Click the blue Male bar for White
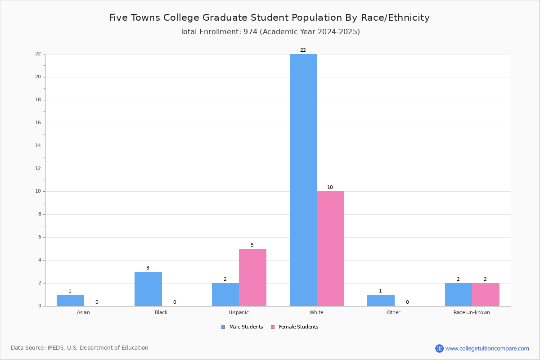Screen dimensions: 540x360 click(x=303, y=180)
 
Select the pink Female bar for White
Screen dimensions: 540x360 click(x=330, y=248)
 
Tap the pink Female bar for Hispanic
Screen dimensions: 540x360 click(x=252, y=278)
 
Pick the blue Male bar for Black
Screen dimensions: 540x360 click(x=148, y=289)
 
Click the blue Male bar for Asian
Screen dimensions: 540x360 click(x=70, y=301)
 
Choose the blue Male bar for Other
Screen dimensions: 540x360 click(x=381, y=301)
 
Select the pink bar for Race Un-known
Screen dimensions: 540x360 click(x=486, y=295)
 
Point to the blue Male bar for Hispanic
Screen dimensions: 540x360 click(x=225, y=295)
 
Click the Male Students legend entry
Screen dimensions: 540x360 click(x=242, y=327)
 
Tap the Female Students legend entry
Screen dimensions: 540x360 click(x=295, y=327)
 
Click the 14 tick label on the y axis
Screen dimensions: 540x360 click(x=38, y=146)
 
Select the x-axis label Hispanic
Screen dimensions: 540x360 click(x=238, y=312)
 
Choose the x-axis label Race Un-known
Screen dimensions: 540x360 click(x=472, y=312)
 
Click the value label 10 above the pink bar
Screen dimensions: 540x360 click(x=330, y=187)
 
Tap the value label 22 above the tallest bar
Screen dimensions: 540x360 click(x=303, y=50)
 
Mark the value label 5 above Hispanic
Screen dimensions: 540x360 click(x=252, y=245)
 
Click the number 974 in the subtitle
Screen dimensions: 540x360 click(x=250, y=32)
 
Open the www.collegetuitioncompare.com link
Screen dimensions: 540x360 click(x=487, y=348)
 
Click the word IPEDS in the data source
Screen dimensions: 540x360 click(x=56, y=348)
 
